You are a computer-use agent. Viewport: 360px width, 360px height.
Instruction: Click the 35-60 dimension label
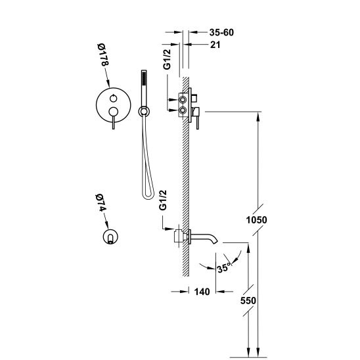221,32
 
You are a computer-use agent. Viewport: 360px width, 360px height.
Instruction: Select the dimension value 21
215,45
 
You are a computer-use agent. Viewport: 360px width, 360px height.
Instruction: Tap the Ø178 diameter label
102,55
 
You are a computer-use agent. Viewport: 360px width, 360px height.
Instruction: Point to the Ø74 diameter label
101,203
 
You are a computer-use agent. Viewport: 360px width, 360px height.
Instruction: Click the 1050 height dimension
256,220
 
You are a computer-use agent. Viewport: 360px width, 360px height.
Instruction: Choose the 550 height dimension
248,300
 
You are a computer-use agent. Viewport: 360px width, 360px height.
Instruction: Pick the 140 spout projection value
202,292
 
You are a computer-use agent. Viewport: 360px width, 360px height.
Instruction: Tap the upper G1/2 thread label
167,59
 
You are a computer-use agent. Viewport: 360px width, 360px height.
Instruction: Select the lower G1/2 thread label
163,200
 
